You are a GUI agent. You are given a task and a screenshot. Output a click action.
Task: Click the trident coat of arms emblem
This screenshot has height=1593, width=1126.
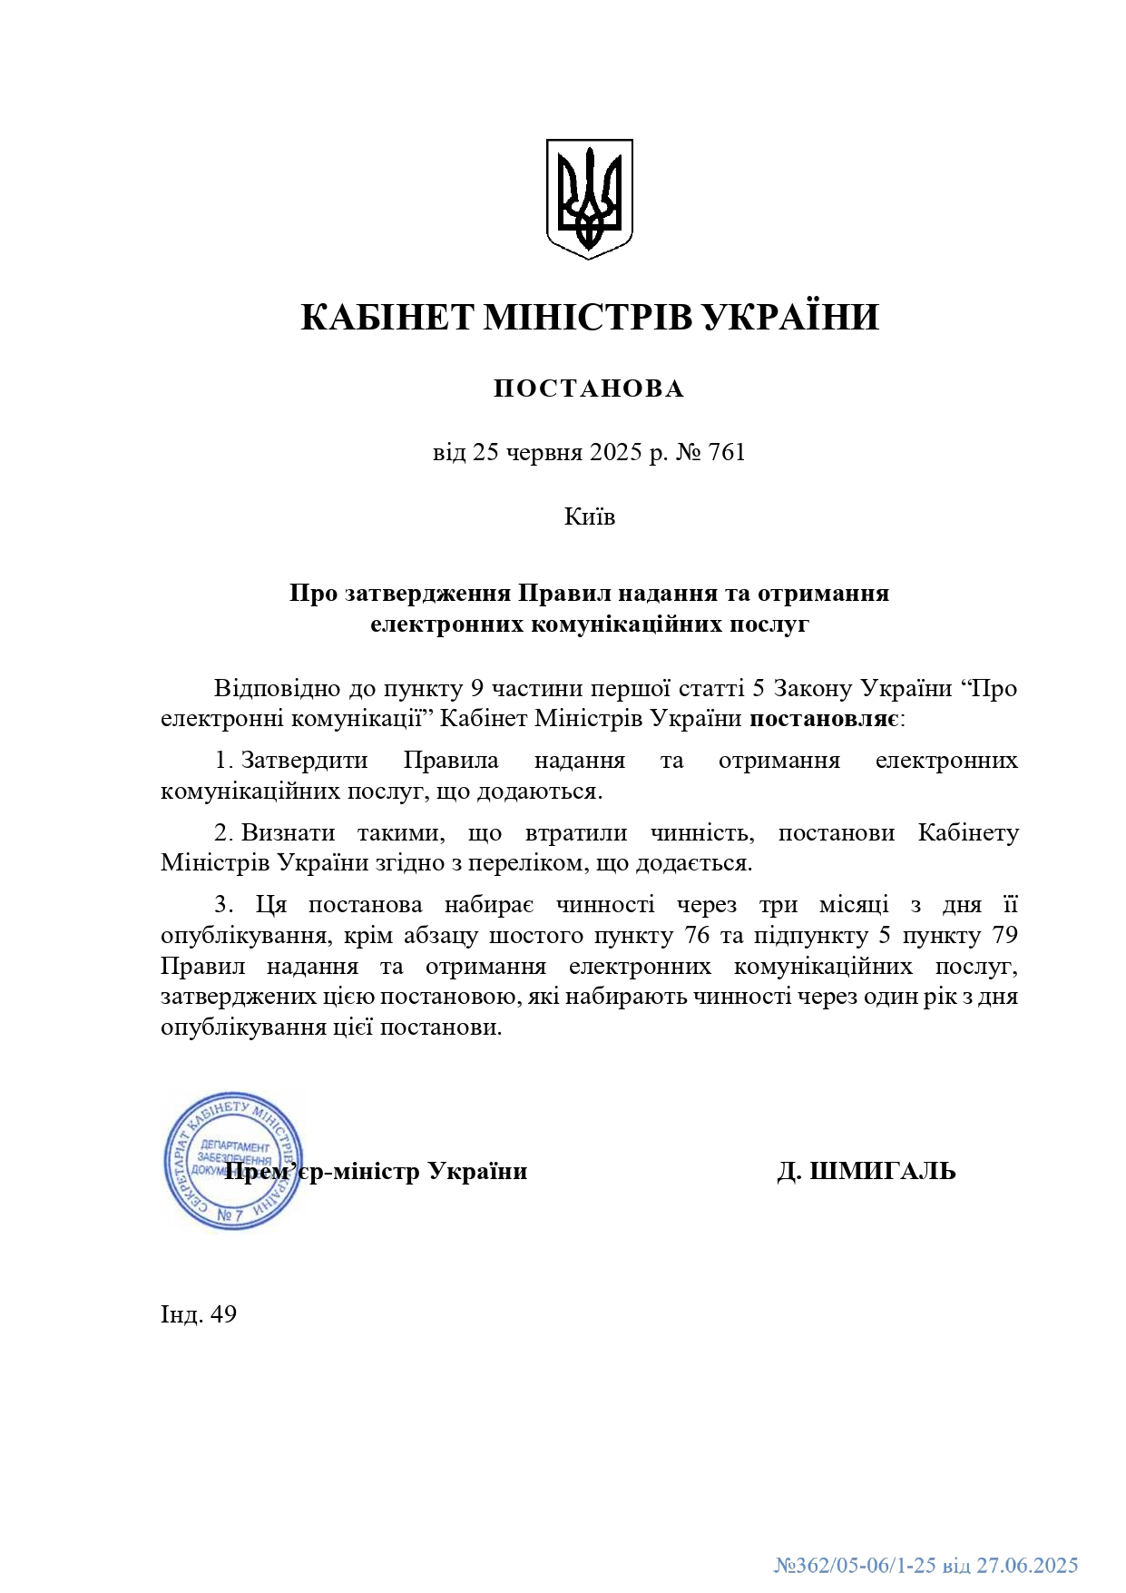click(589, 198)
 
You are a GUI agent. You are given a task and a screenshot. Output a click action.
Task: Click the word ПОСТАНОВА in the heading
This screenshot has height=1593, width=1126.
click(589, 388)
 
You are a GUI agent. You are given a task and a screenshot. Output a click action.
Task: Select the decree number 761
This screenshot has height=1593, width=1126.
click(726, 452)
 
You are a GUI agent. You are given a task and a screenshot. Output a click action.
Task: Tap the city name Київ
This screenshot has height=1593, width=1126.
click(590, 516)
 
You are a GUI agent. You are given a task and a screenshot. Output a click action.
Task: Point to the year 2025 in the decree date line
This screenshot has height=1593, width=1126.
click(615, 452)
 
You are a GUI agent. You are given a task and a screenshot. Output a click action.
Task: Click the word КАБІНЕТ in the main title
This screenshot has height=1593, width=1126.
click(387, 318)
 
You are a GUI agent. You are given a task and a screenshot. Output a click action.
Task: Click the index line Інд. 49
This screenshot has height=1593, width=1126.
click(199, 1314)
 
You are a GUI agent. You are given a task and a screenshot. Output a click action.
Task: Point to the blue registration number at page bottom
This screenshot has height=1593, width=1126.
click(925, 1565)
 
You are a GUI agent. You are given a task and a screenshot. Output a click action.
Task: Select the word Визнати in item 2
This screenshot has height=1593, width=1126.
click(288, 832)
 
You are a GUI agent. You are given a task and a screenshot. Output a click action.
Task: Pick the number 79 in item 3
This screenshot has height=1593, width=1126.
click(1005, 935)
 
